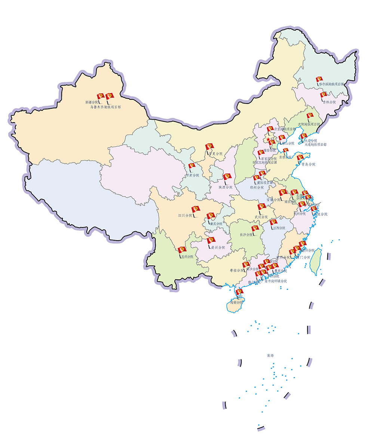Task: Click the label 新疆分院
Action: tap(92, 102)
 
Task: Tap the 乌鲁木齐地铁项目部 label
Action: tap(106, 107)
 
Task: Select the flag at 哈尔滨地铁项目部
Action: tap(319, 80)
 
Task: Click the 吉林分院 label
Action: tap(329, 102)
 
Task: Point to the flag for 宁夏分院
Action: tap(209, 147)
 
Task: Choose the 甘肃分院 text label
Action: tap(193, 175)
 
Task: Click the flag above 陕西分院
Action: tap(227, 177)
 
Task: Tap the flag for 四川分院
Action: tap(195, 210)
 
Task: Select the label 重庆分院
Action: tap(216, 224)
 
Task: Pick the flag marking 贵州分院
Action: tap(211, 241)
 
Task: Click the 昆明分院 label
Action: tap(187, 257)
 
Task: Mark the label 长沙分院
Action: tap(246, 235)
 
